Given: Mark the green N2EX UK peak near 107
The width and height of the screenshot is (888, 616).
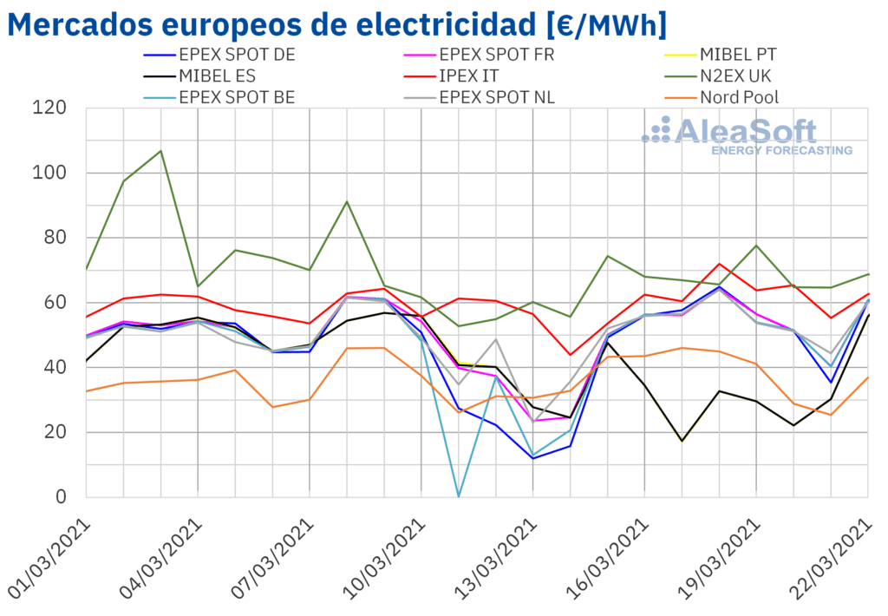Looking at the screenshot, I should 160,151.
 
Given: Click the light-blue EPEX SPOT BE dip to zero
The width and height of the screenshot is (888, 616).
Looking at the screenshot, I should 459,496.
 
